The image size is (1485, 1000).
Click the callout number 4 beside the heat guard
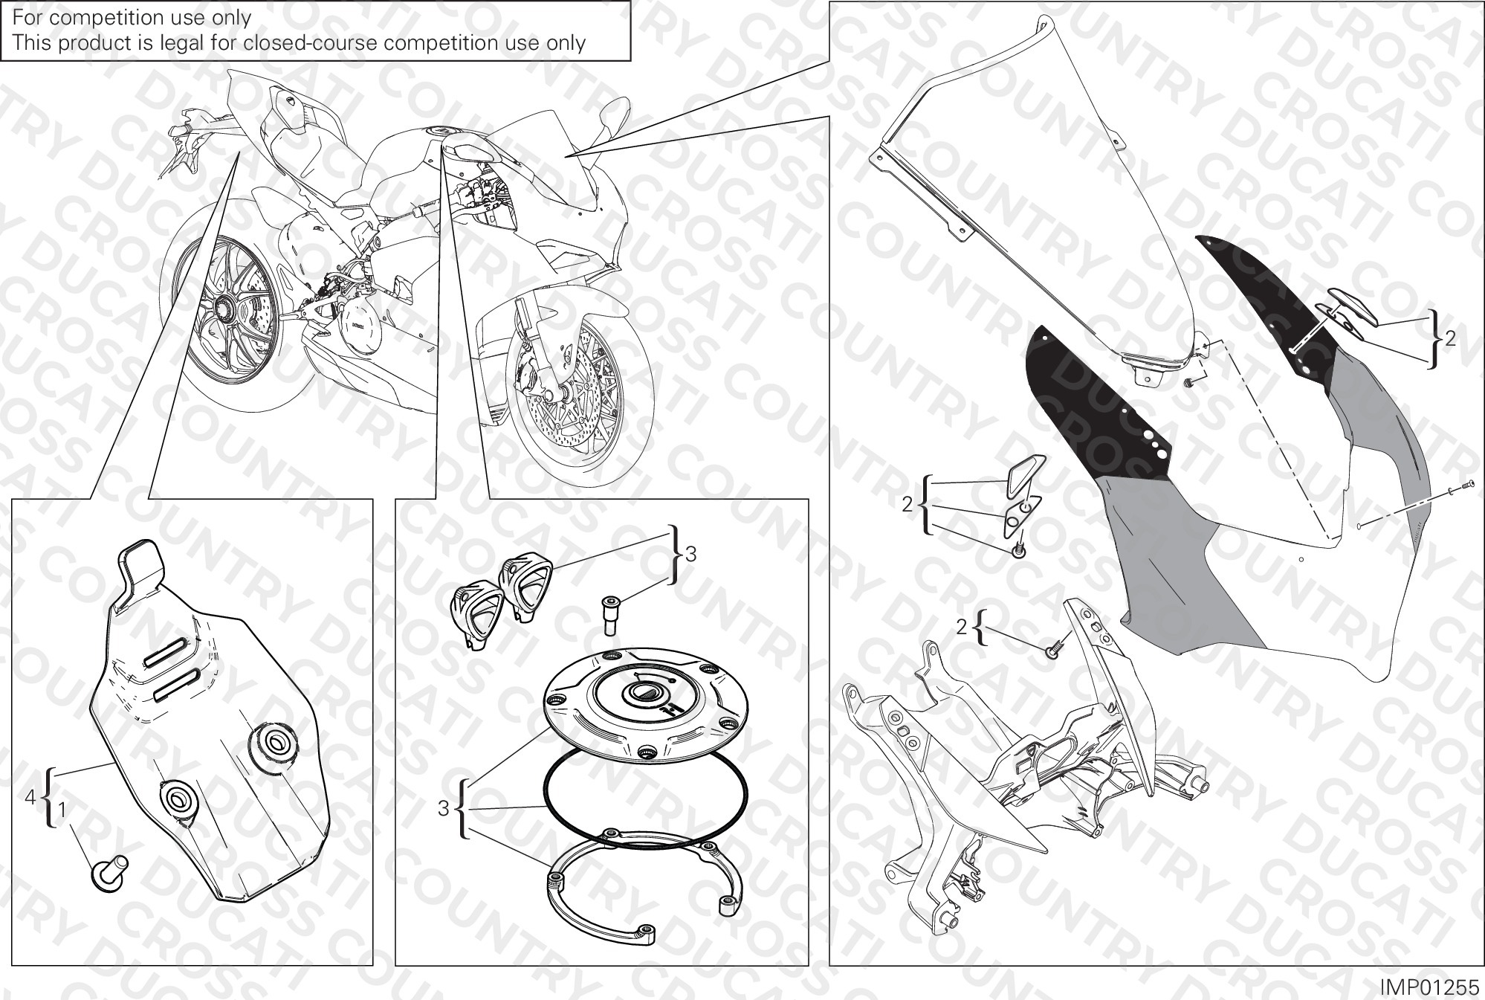(x=30, y=797)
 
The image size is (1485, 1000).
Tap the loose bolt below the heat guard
(x=110, y=871)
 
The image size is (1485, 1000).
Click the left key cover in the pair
(x=472, y=610)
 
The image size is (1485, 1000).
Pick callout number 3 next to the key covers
(x=691, y=553)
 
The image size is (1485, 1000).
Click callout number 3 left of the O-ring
(x=443, y=808)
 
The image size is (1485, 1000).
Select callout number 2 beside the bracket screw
(x=962, y=628)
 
